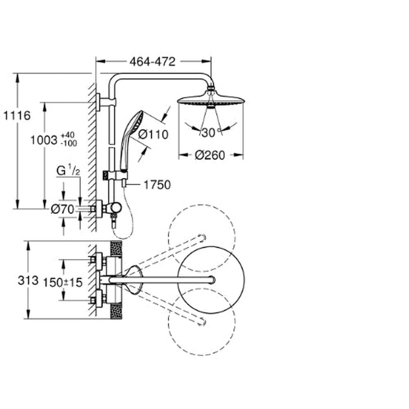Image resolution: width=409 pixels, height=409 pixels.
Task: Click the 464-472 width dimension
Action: click(152, 62)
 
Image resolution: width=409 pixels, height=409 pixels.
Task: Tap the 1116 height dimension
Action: click(17, 116)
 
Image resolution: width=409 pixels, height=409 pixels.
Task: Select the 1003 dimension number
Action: click(44, 140)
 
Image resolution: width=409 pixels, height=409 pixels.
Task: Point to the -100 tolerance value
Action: click(69, 143)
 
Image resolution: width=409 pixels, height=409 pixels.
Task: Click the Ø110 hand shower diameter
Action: click(153, 134)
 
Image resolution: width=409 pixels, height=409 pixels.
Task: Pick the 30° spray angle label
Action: click(210, 133)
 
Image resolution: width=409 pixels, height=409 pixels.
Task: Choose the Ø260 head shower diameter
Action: click(210, 155)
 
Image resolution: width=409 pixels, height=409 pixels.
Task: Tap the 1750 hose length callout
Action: click(157, 185)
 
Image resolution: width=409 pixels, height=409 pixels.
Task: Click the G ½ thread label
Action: click(69, 171)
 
